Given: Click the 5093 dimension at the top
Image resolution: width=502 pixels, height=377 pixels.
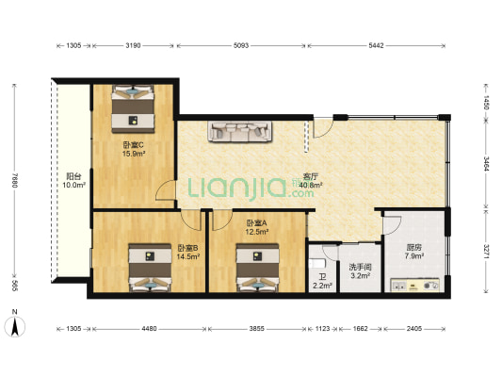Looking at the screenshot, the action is click(x=241, y=45).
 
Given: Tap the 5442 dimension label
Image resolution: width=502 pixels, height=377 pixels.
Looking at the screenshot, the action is click(x=376, y=45).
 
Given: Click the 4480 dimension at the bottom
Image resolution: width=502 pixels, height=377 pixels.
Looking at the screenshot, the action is click(x=149, y=329).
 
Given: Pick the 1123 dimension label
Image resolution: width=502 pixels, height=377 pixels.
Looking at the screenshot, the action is click(x=322, y=329).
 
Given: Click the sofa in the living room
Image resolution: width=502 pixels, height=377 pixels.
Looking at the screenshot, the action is click(x=240, y=131).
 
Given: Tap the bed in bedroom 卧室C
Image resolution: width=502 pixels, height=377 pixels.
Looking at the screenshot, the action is click(x=133, y=108).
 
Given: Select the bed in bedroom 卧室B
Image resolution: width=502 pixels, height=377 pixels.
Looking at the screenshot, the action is click(x=150, y=268).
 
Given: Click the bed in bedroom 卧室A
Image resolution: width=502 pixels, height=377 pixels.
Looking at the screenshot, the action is click(x=257, y=268).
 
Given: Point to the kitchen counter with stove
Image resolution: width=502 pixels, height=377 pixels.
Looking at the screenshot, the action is click(x=415, y=285).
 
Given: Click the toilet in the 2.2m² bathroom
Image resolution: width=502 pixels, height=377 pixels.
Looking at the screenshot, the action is click(x=316, y=263).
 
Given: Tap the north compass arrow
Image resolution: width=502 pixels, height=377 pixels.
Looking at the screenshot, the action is click(x=15, y=326).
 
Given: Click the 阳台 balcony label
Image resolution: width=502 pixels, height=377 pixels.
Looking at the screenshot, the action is click(x=73, y=176).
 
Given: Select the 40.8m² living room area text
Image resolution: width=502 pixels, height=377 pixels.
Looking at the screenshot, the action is click(x=311, y=185).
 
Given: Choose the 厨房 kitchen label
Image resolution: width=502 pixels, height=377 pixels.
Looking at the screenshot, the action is click(x=414, y=247).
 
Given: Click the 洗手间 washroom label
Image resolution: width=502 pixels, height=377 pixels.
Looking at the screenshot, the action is click(x=360, y=267).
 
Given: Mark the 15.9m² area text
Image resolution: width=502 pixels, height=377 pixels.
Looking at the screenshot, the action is click(x=134, y=154).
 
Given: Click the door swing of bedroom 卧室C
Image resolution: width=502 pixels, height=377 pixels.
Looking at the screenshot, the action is click(x=166, y=190).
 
